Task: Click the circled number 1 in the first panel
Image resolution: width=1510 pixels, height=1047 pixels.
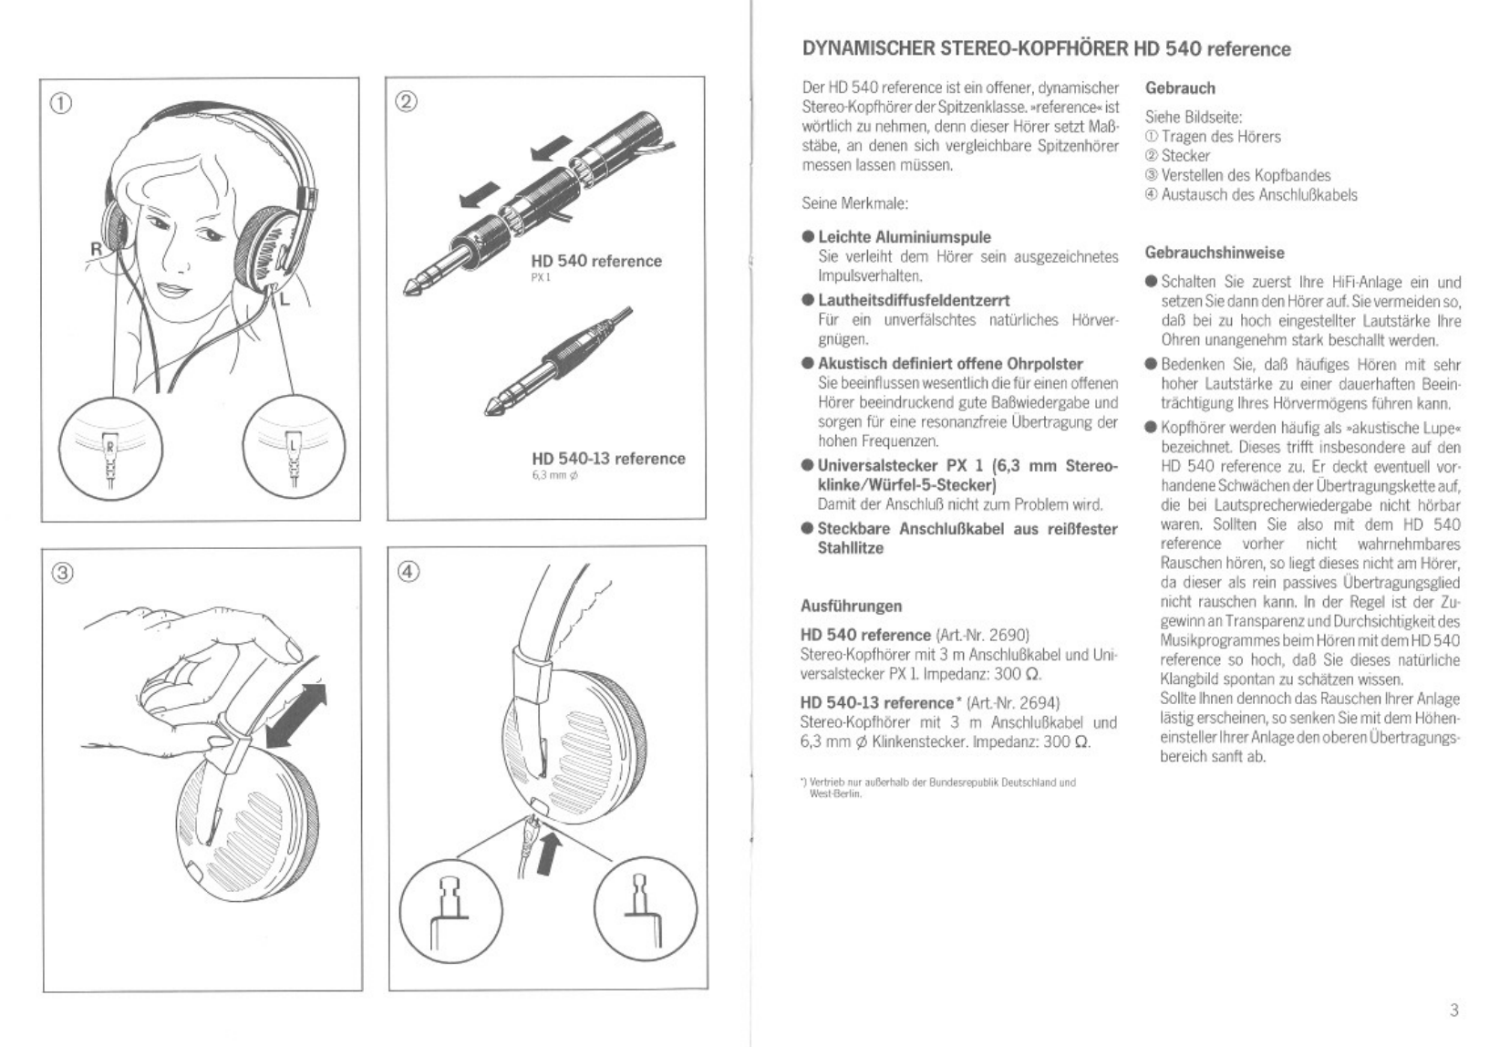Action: coord(60,102)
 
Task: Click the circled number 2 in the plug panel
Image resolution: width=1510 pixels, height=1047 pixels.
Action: coord(407,101)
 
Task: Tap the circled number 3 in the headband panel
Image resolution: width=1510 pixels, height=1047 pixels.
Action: coord(62,573)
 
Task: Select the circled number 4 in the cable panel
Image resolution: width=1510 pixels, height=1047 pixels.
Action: coord(409,572)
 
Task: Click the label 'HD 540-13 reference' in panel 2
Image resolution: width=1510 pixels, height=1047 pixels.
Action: coord(608,459)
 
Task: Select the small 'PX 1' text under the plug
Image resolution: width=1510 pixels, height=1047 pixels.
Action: coord(541,278)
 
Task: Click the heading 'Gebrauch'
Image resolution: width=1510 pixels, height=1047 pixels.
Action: coord(1180,88)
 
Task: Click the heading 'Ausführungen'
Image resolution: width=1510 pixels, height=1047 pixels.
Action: coord(851,606)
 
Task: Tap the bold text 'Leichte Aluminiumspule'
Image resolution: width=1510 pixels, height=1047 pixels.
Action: coord(904,237)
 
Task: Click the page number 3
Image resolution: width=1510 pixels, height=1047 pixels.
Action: coord(1453,1010)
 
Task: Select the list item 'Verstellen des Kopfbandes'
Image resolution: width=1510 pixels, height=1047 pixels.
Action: coord(1246,175)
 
